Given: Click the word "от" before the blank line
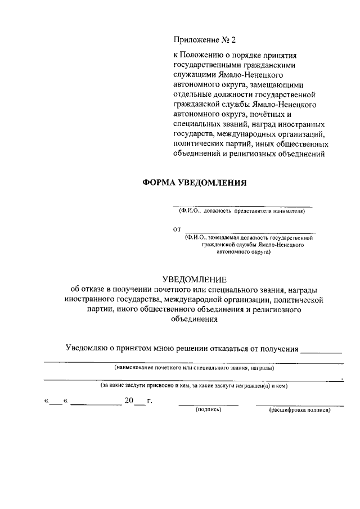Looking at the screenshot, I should (178, 229).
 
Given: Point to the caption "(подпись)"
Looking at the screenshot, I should (209, 410).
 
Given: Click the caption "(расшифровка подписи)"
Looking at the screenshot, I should (300, 410).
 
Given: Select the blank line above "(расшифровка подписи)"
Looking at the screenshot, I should (299, 405).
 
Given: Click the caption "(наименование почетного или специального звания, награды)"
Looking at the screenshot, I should (194, 368).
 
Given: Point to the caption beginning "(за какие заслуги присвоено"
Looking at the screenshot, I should (194, 386).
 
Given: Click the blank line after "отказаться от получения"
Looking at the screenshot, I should (321, 352).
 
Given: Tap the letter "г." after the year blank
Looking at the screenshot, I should (150, 400).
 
